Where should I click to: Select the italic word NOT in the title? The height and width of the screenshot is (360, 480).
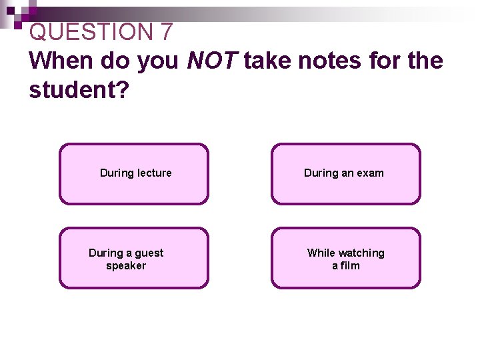213,61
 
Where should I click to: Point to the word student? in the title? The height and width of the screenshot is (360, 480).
79,90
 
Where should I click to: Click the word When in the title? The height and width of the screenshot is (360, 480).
62,61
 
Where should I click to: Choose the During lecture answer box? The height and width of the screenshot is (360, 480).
133,173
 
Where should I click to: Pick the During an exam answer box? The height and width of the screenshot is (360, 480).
345,173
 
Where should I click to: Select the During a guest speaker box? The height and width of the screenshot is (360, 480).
133,258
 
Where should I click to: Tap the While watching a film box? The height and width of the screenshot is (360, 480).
345,258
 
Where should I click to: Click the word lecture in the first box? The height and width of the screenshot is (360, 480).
154,173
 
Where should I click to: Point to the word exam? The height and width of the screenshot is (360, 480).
371,173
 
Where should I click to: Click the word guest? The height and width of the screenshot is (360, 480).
149,253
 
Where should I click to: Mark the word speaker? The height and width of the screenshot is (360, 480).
126,265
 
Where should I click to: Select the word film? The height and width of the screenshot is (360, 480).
350,265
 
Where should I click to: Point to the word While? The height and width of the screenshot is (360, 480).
321,253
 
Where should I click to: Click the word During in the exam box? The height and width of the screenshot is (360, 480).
321,173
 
